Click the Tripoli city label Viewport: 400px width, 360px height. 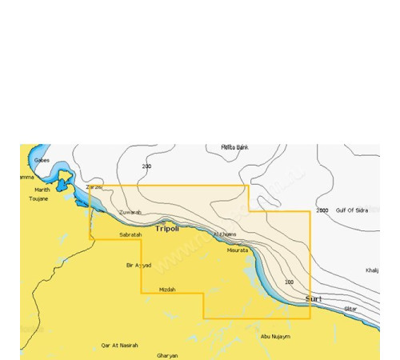pyautogui.click(x=167, y=229)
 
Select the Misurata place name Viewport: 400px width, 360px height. pyautogui.click(x=238, y=250)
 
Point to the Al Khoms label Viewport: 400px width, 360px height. pyautogui.click(x=226, y=234)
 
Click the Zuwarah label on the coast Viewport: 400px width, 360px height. pyautogui.click(x=130, y=212)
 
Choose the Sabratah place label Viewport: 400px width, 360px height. pyautogui.click(x=130, y=234)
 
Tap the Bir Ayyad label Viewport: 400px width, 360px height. pyautogui.click(x=138, y=265)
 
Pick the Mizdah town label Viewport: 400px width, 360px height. pyautogui.click(x=167, y=289)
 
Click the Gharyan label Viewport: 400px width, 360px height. pyautogui.click(x=168, y=355)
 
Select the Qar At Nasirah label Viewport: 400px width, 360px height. pyautogui.click(x=120, y=345)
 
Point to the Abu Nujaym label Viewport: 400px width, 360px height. pyautogui.click(x=275, y=337)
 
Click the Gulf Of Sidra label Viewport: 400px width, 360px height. pyautogui.click(x=352, y=210)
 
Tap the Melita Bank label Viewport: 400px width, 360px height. pyautogui.click(x=235, y=148)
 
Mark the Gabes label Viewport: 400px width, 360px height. pyautogui.click(x=42, y=160)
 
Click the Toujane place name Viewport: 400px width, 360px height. pyautogui.click(x=38, y=198)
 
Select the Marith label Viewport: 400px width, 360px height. pyautogui.click(x=42, y=190)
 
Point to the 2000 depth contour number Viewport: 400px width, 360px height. pyautogui.click(x=322, y=210)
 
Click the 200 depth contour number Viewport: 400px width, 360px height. pyautogui.click(x=146, y=166)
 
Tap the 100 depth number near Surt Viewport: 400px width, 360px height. pyautogui.click(x=289, y=282)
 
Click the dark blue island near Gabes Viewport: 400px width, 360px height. pyautogui.click(x=62, y=187)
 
